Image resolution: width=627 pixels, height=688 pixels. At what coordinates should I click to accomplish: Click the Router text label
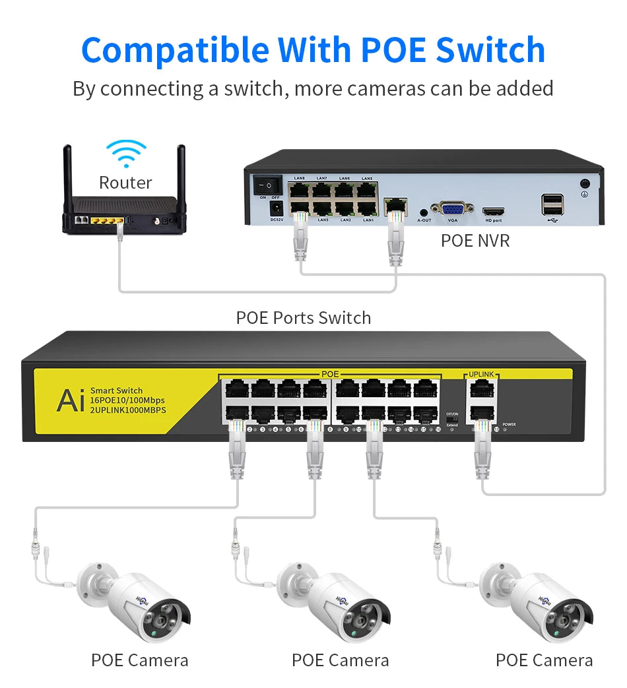click(125, 183)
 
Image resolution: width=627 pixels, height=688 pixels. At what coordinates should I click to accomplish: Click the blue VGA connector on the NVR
click(452, 209)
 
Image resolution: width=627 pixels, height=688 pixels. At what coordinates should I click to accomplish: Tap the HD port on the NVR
click(493, 212)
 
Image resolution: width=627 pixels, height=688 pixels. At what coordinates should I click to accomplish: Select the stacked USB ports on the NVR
click(552, 204)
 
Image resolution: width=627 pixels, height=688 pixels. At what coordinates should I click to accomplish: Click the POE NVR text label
click(475, 241)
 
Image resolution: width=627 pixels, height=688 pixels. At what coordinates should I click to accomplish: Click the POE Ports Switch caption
click(304, 318)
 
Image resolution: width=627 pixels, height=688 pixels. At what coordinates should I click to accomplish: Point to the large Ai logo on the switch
click(70, 400)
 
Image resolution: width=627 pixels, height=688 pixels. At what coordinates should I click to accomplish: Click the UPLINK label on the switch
click(481, 374)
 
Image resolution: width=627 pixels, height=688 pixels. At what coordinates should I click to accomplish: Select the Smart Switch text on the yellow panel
click(116, 391)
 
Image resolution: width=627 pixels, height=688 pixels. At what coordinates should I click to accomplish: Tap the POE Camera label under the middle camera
click(340, 660)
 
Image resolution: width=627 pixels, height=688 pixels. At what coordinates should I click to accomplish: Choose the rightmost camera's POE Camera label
click(544, 660)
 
